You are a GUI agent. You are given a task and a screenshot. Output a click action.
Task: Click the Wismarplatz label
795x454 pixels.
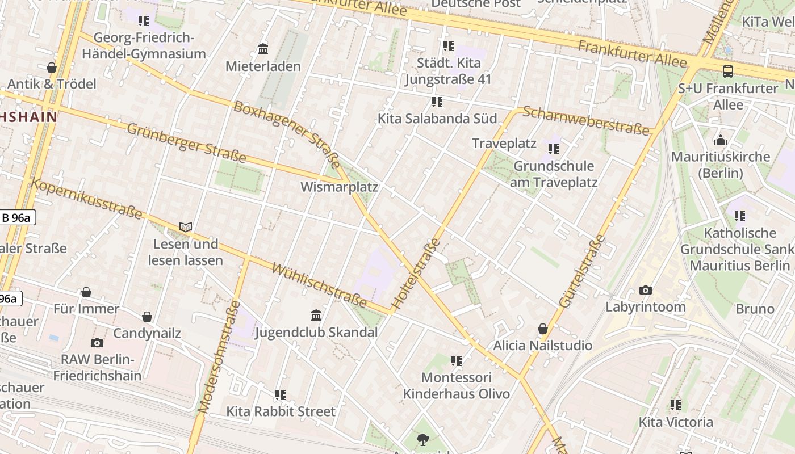339,187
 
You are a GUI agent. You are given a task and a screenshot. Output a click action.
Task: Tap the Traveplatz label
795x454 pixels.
504,143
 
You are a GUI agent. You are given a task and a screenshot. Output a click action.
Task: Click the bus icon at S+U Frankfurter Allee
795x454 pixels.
727,72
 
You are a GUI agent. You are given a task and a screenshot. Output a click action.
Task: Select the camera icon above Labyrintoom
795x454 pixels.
646,290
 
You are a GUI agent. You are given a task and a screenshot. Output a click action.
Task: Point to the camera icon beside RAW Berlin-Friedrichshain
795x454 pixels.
97,343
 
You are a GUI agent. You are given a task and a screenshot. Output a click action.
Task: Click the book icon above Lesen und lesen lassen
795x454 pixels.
186,227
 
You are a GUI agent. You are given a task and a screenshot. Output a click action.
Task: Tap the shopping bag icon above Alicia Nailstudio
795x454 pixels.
543,329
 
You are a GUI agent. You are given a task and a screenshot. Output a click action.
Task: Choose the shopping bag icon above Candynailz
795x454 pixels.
147,316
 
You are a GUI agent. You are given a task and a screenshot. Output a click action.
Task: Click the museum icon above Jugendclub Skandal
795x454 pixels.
316,315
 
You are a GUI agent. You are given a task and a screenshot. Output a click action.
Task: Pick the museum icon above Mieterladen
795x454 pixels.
263,49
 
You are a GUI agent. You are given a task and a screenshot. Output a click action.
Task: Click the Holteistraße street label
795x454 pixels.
416,274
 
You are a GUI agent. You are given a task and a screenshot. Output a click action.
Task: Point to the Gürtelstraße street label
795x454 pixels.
582,271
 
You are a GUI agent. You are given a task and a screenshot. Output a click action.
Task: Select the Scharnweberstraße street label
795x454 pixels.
585,120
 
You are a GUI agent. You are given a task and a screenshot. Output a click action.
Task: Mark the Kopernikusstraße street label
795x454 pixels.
86,198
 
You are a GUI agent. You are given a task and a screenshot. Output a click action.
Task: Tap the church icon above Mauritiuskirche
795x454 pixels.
721,140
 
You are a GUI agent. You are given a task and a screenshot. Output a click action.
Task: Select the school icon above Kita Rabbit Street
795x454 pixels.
280,394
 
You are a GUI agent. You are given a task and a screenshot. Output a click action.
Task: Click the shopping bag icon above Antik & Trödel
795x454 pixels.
52,68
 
